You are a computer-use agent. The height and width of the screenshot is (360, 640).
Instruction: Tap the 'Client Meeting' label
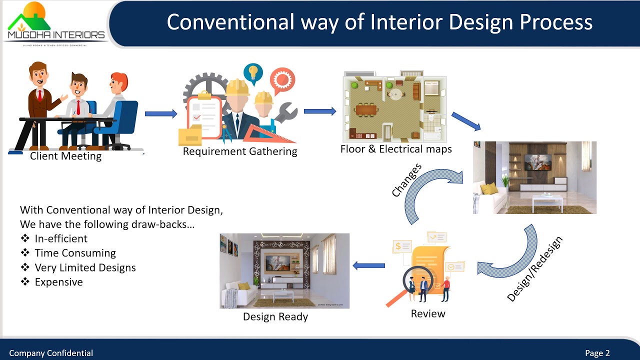pyautogui.click(x=65, y=156)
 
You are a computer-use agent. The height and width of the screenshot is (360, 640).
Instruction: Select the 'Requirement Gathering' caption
pyautogui.click(x=240, y=151)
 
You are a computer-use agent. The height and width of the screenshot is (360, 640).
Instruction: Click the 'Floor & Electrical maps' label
pyautogui.click(x=396, y=149)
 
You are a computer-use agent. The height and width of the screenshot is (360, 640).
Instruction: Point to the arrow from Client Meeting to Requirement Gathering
pyautogui.click(x=161, y=114)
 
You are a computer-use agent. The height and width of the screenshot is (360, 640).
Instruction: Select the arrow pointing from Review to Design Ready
pyautogui.click(x=369, y=265)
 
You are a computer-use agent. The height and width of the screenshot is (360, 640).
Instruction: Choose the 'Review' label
pyautogui.click(x=428, y=313)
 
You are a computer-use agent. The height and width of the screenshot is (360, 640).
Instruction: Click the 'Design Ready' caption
pyautogui.click(x=275, y=316)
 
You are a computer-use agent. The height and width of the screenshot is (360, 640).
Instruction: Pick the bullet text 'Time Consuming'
pyautogui.click(x=75, y=253)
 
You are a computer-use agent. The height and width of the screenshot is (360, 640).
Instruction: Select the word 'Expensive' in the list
pyautogui.click(x=58, y=282)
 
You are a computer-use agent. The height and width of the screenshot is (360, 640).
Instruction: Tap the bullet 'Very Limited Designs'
pyautogui.click(x=85, y=267)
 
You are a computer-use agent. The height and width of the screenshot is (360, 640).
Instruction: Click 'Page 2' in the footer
pyautogui.click(x=597, y=353)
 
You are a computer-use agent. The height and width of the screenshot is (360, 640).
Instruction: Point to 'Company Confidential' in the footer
pyautogui.click(x=51, y=353)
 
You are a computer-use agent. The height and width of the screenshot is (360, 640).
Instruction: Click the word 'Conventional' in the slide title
pyautogui.click(x=230, y=22)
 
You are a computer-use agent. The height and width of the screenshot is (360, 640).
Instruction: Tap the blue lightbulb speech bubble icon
pyautogui.click(x=253, y=72)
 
